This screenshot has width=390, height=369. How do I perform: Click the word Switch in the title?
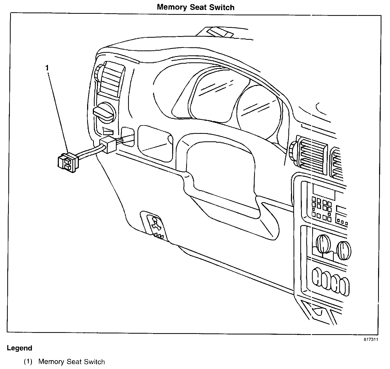[x=222, y=7]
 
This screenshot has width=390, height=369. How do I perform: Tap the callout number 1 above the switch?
[x=47, y=68]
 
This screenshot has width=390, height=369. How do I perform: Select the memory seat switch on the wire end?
[x=67, y=163]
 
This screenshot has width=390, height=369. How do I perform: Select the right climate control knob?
[x=344, y=250]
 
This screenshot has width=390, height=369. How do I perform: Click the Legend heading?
[x=20, y=348]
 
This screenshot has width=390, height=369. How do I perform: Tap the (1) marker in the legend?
[x=28, y=362]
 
